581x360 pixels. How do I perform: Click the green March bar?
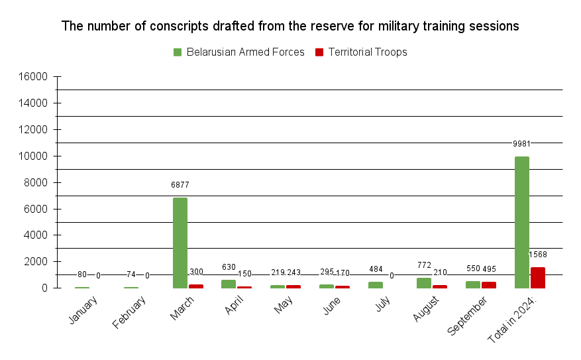[180, 243]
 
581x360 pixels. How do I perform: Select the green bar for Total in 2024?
[521, 222]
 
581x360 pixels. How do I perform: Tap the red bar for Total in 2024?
[537, 278]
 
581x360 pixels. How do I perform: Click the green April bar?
[229, 284]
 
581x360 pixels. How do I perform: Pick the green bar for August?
[423, 283]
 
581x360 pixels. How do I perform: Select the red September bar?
[488, 285]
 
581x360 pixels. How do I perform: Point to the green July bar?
[375, 285]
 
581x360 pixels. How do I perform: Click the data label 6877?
[180, 185]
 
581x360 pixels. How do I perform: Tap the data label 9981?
[521, 144]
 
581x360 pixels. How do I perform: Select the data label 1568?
[537, 255]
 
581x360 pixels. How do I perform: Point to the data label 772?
[424, 265]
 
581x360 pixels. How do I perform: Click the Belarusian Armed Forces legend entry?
[238, 52]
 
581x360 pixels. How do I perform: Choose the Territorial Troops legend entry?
[361, 52]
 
